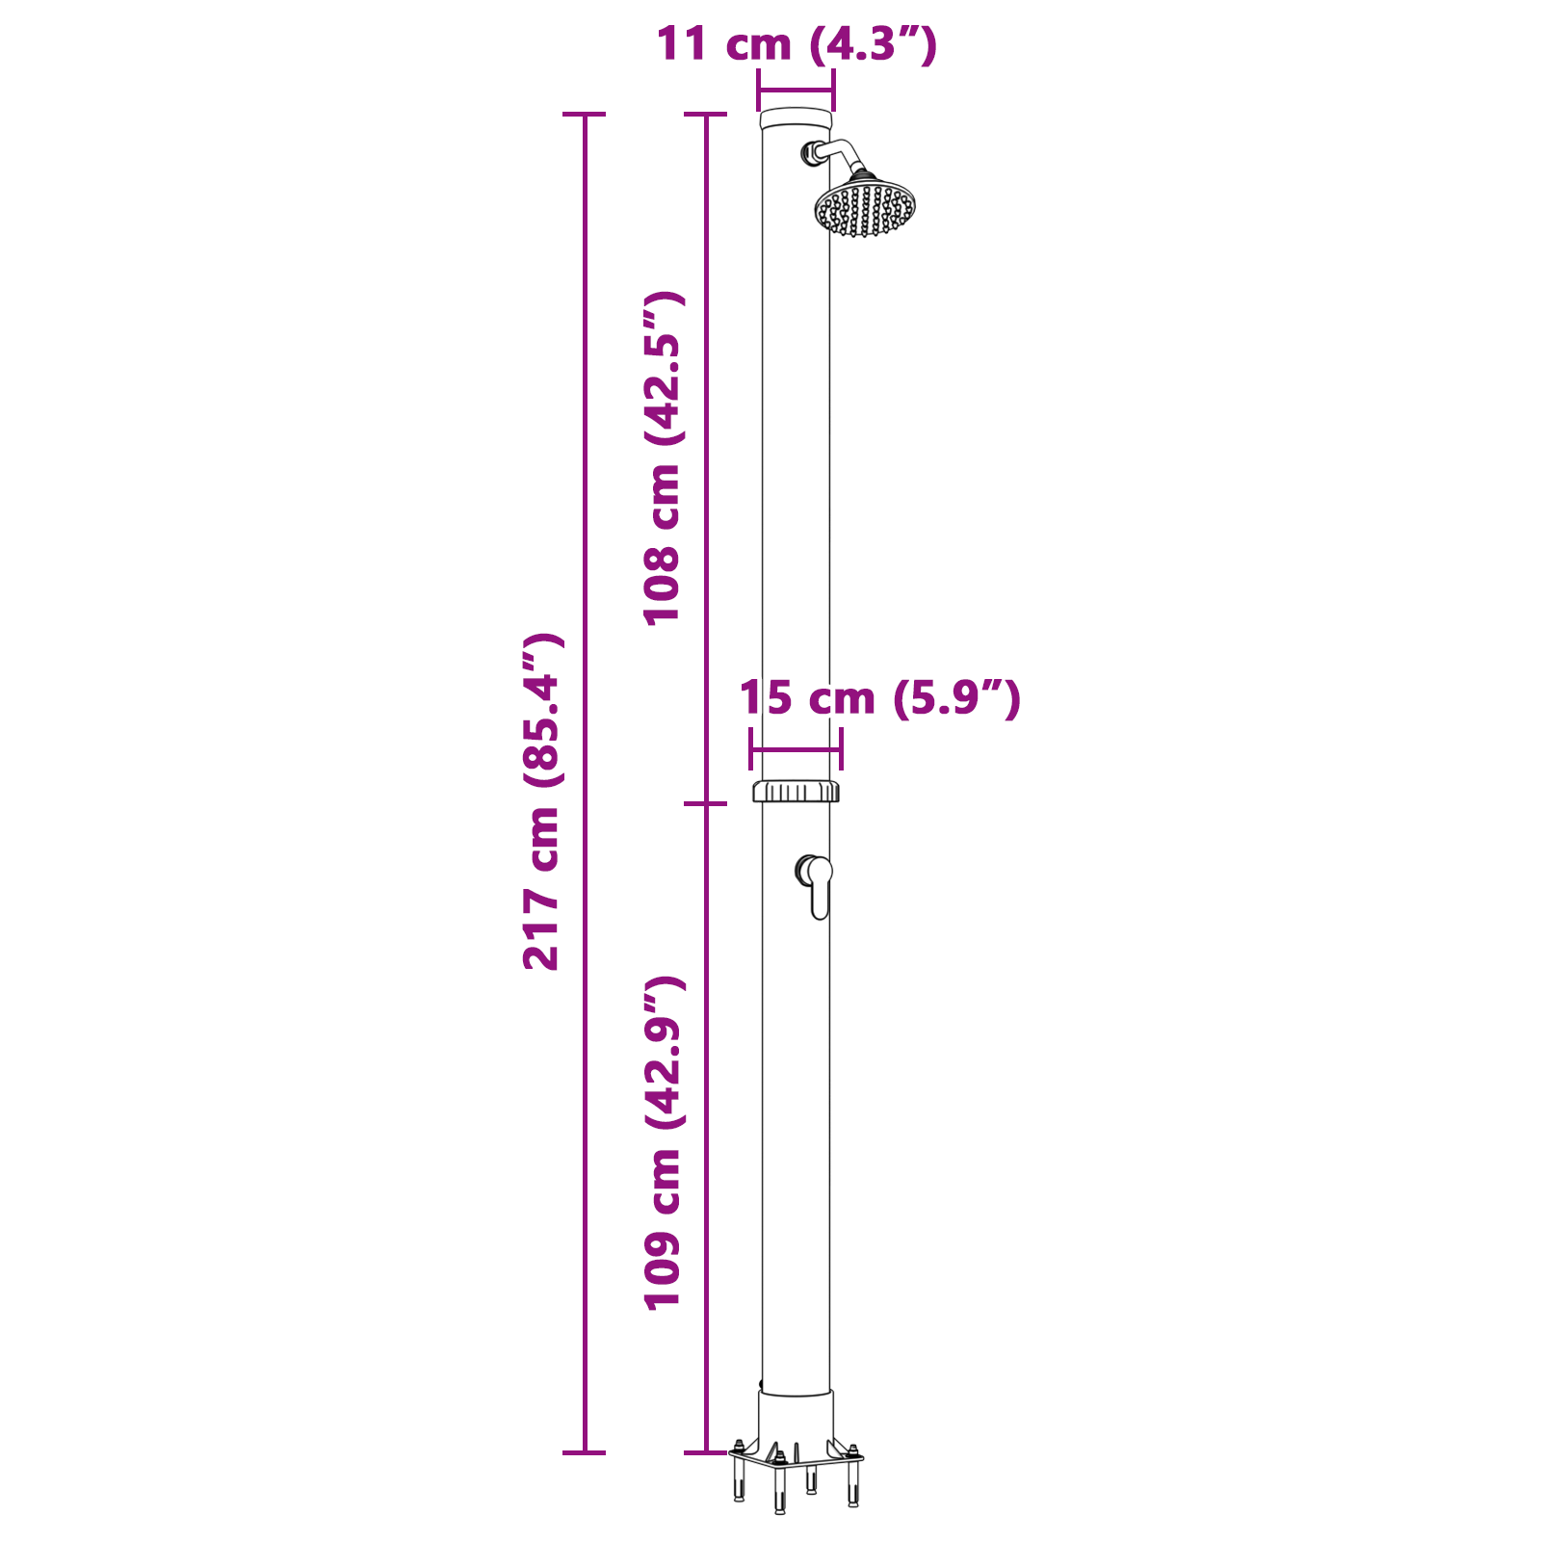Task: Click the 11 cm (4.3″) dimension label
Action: click(x=796, y=45)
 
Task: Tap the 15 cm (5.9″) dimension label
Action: click(x=878, y=698)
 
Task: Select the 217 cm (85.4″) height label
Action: click(x=541, y=801)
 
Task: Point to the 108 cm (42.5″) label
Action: click(x=664, y=457)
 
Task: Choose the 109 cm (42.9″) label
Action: click(x=664, y=1142)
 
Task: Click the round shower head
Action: click(x=865, y=206)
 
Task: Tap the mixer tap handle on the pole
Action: click(x=818, y=885)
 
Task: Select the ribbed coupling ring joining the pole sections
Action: click(x=796, y=792)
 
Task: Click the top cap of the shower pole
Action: click(x=796, y=119)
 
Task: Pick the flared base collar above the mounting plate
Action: click(x=796, y=1419)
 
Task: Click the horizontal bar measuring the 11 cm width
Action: click(x=796, y=91)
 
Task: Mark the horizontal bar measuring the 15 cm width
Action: click(x=796, y=748)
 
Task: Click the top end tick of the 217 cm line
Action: click(x=584, y=114)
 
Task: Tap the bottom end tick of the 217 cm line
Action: click(x=584, y=1452)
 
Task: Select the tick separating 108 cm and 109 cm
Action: click(x=705, y=803)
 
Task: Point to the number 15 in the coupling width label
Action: click(x=766, y=698)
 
